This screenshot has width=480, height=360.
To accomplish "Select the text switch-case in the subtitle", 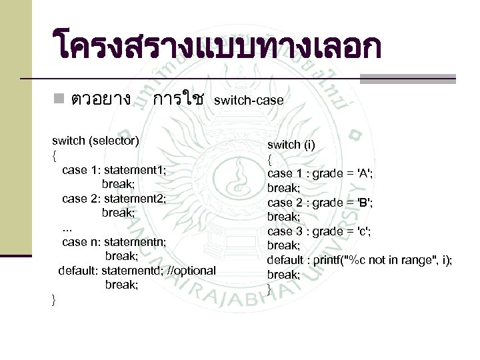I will (x=249, y=101).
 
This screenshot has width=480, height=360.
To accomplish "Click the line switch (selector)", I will (x=96, y=141).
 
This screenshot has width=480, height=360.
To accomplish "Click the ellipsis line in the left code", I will (x=67, y=227).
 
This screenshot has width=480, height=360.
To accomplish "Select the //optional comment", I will (x=192, y=270).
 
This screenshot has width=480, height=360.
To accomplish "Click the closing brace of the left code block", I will (x=54, y=299).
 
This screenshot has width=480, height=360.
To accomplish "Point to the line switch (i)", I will (x=291, y=145).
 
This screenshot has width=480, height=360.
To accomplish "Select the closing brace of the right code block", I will (x=269, y=289).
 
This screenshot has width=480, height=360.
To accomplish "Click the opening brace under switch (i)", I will (x=269, y=159).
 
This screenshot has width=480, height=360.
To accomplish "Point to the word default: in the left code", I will (x=80, y=270).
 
